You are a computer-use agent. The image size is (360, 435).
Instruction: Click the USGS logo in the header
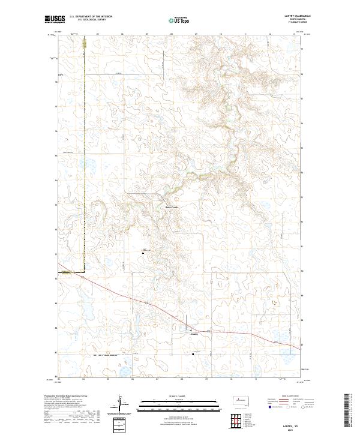(55, 20)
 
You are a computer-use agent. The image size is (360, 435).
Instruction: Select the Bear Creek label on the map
(172, 208)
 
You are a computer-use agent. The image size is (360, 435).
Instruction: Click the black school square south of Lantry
(193, 354)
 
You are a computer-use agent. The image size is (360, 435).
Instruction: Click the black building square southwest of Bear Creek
(143, 253)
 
